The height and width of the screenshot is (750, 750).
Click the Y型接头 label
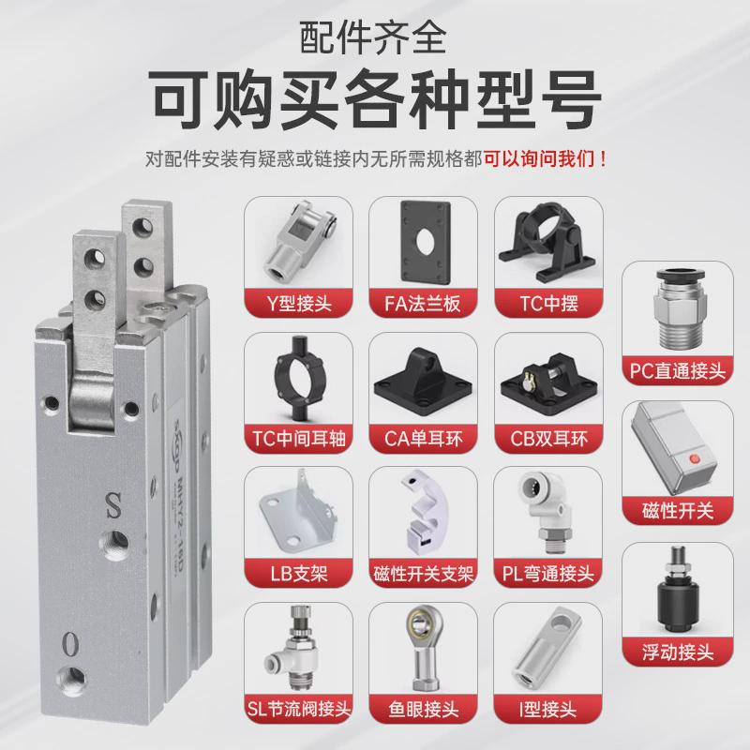point(300,302)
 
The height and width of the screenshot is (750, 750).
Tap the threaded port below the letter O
point(70,678)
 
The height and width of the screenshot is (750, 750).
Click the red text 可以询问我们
point(544,157)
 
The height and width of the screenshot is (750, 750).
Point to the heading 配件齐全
point(375,37)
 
